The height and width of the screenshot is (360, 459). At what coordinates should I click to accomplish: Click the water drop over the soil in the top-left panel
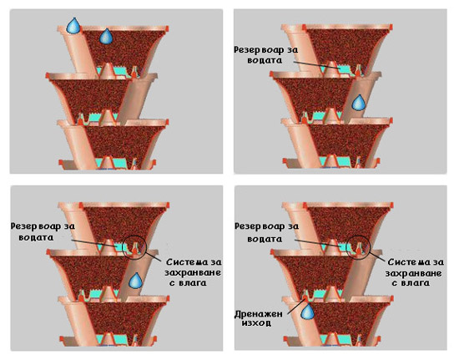(x=105, y=36)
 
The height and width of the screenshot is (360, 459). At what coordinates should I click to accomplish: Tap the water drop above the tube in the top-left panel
(x=73, y=26)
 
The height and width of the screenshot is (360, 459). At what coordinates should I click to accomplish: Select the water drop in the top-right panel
(x=358, y=103)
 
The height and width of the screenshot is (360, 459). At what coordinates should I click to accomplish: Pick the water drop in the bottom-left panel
(x=136, y=281)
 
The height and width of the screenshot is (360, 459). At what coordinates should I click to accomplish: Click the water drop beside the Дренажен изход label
(x=308, y=311)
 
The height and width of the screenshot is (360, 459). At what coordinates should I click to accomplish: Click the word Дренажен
(x=259, y=315)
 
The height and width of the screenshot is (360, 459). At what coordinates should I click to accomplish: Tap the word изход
(x=256, y=323)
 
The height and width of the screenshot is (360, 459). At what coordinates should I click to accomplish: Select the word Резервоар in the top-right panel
(x=255, y=50)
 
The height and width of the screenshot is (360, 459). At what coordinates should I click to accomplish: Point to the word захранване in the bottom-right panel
(x=413, y=274)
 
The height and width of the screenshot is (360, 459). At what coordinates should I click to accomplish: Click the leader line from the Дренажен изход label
(x=296, y=307)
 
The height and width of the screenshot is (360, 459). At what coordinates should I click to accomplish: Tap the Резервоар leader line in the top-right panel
(x=316, y=65)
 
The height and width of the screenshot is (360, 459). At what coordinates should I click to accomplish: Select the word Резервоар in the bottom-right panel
(x=256, y=226)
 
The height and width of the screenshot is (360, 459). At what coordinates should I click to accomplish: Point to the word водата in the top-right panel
(x=265, y=60)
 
